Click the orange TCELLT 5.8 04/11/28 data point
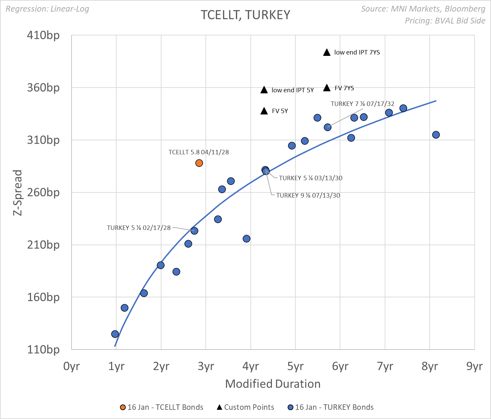tap(199, 163)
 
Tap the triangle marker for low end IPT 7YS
tap(327, 52)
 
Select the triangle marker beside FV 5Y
tap(264, 111)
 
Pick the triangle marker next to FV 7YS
tap(327, 88)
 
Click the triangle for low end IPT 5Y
tap(264, 90)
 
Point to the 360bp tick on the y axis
tap(43, 88)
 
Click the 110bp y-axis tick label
tap(43, 350)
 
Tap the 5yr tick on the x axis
tap(295, 366)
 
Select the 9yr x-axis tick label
tap(474, 366)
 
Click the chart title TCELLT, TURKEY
tap(245, 15)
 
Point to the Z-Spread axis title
tap(17, 192)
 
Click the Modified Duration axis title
tap(273, 384)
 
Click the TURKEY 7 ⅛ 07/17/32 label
tap(363, 104)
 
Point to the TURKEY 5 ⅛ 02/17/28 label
tap(139, 228)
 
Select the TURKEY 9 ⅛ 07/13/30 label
tap(308, 196)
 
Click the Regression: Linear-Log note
tap(47, 9)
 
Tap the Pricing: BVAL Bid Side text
tap(445, 21)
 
